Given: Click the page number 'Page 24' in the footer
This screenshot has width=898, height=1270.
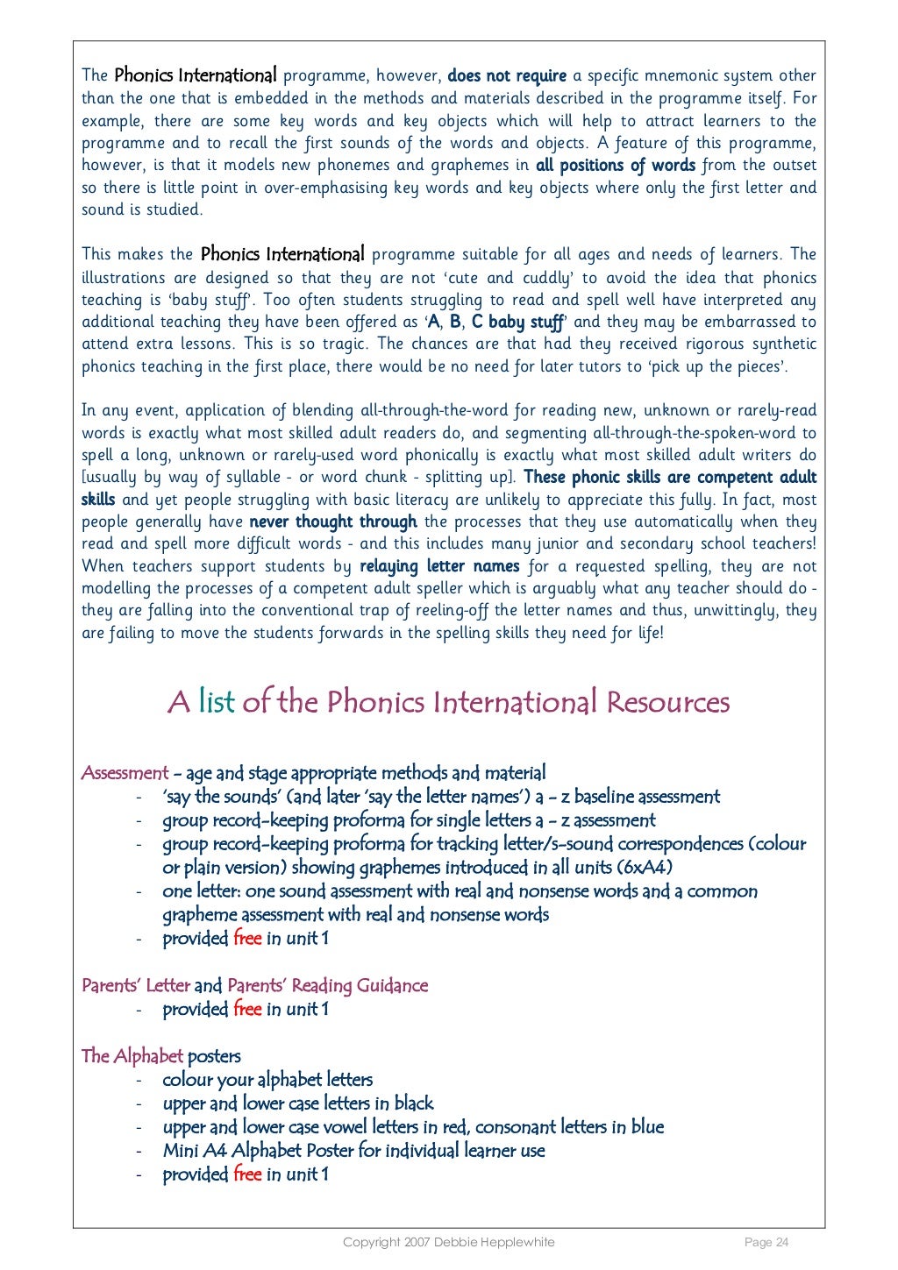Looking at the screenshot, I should coord(766,1242).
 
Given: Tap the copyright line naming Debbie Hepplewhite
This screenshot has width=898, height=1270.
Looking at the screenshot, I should coord(448,1242).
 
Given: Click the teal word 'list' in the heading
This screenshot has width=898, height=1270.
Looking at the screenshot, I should coord(217,702).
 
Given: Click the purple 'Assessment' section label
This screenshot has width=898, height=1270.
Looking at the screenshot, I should coord(125,773).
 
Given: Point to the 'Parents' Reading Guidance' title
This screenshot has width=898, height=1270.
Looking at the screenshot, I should coord(327,985).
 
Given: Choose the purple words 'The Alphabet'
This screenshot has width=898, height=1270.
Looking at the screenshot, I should coord(132,1056).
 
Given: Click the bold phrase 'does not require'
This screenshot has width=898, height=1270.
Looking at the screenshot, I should coord(507,76).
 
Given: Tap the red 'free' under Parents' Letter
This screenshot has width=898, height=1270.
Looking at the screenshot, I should coord(247,1009).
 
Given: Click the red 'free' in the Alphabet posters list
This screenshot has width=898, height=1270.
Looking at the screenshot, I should coord(247,1174).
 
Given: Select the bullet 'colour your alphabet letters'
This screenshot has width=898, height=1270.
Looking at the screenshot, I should coord(267,1080).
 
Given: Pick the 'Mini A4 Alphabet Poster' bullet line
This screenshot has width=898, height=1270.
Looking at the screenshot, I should coord(353,1151).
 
